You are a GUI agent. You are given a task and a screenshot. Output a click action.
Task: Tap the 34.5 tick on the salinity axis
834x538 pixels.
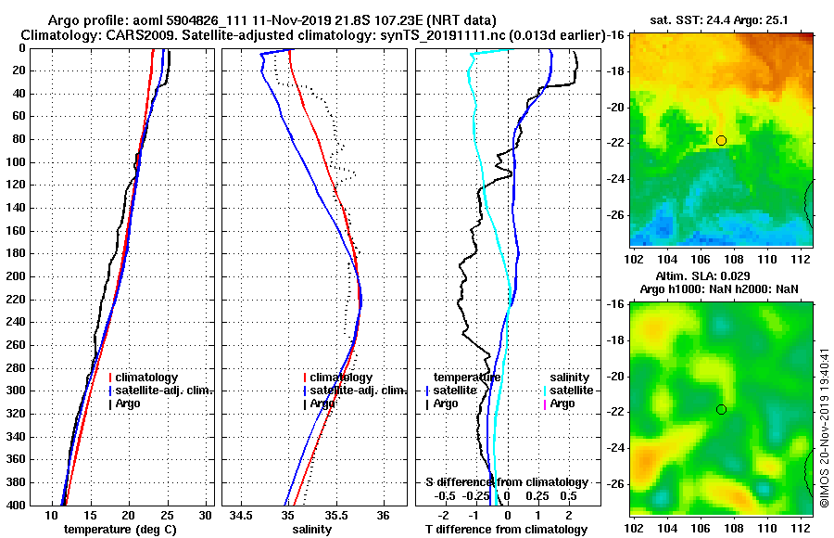coord(241,514)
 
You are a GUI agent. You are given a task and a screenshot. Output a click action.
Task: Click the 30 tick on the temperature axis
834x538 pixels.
coord(206,514)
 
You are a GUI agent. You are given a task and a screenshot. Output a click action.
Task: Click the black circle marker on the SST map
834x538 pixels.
coord(721,140)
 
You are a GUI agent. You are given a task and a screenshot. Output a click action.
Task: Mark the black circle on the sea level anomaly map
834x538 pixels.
coord(721,409)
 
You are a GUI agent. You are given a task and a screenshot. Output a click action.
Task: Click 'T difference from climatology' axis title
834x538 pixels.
coord(506,530)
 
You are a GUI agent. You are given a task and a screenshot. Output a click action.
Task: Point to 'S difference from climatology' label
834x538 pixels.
coord(506,482)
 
